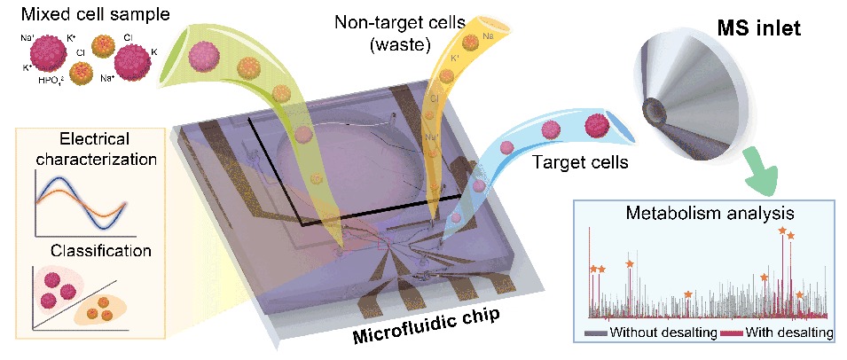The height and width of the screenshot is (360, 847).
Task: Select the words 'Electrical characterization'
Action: [94, 150]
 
